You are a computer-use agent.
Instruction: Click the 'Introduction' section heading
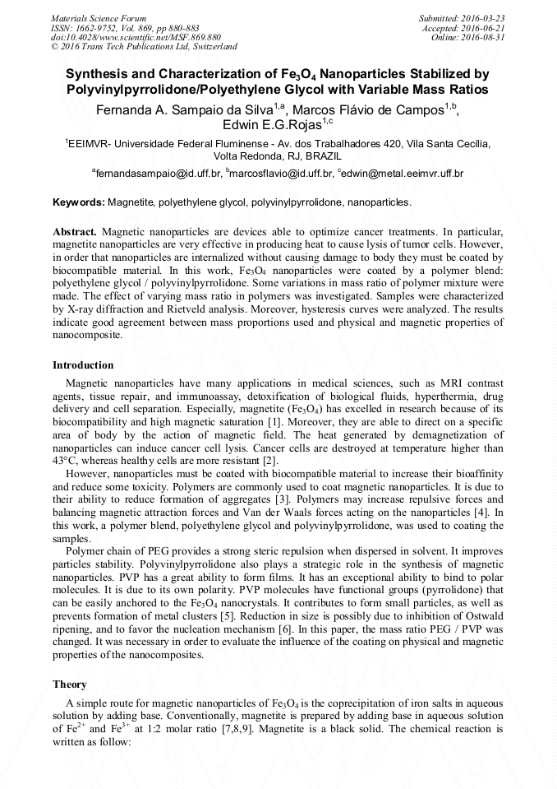[83, 364]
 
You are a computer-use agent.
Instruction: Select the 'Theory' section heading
[70, 684]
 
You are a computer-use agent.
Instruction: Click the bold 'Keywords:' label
[79, 202]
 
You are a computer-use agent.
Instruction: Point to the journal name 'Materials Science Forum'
[99, 17]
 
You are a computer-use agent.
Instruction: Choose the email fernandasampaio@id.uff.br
[159, 174]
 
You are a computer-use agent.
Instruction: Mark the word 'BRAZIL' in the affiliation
[321, 155]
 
